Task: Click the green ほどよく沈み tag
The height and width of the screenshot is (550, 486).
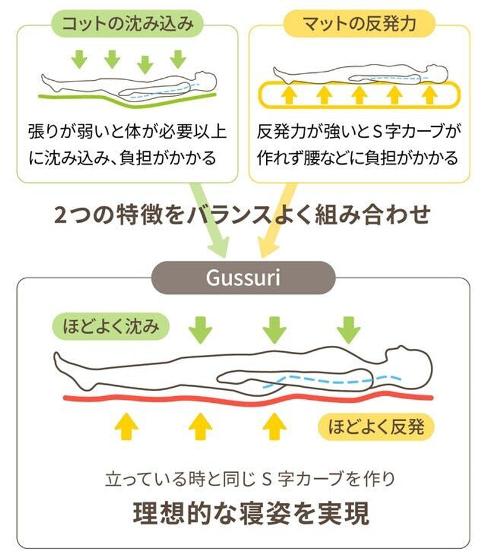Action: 112,326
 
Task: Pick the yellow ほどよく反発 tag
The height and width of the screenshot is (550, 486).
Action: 377,427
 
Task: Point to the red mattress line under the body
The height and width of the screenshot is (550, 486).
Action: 243,400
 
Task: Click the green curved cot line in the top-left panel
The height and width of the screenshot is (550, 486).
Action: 128,99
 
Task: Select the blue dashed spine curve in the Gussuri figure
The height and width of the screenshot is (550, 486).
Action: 328,382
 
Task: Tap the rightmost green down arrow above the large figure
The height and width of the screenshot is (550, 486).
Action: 349,329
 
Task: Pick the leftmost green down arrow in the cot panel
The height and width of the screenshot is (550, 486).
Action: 80,60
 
